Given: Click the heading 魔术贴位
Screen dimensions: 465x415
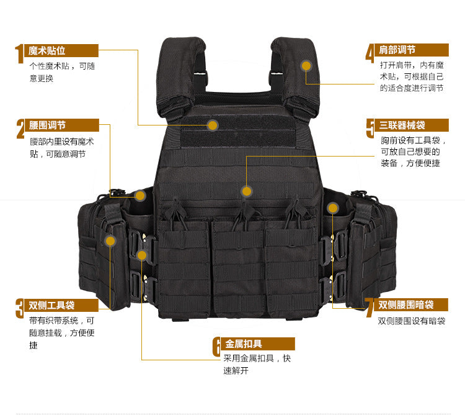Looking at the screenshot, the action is (x=47, y=50).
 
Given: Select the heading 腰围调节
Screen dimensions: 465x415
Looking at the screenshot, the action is (x=47, y=125).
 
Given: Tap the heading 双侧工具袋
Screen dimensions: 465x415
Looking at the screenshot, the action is (x=51, y=305).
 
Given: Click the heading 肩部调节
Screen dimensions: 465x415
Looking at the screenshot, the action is (x=397, y=50).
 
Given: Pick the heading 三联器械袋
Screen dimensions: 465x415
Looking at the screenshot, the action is (x=402, y=125).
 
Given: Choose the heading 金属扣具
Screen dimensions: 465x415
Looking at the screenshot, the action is (x=244, y=344).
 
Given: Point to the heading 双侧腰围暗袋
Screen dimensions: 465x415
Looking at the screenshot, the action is (x=405, y=304).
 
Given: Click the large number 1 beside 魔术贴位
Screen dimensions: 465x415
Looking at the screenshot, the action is (x=19, y=54).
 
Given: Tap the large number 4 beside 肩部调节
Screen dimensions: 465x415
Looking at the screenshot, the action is (x=370, y=53).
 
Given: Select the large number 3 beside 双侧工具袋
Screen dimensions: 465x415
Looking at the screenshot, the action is (x=20, y=308).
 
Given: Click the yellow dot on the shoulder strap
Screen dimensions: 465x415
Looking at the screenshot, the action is (x=306, y=66).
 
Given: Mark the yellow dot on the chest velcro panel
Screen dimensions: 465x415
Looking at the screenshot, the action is (x=213, y=125).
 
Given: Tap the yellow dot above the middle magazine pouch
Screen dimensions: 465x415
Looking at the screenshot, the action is (x=246, y=191).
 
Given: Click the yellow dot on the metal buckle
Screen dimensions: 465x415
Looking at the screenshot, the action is (x=142, y=255).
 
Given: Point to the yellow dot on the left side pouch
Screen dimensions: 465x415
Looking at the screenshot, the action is (x=110, y=240).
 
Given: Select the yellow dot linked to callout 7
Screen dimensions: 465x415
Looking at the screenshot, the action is (x=333, y=208).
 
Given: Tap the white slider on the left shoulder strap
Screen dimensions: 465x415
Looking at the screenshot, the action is (x=200, y=73).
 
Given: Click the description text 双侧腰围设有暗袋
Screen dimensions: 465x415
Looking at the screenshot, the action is (x=412, y=321).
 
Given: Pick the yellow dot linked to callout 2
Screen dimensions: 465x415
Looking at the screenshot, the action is (x=140, y=196).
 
